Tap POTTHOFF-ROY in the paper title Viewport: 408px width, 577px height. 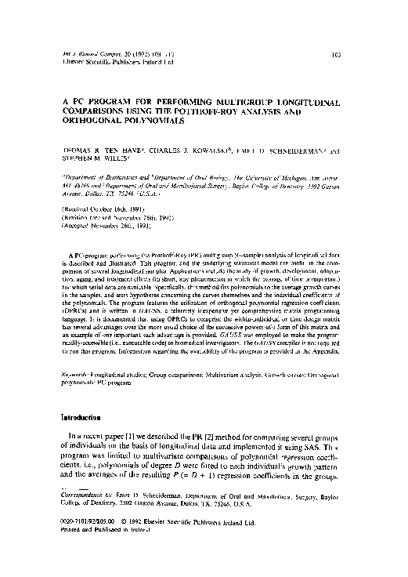225,112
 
